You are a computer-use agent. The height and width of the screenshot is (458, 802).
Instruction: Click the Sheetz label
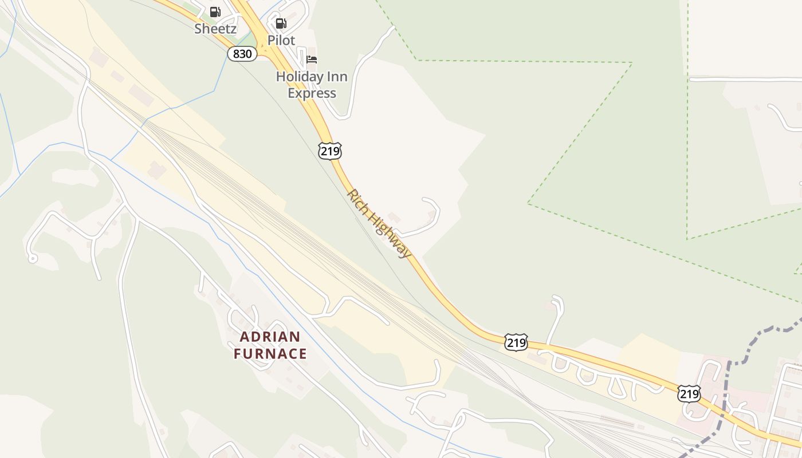215,29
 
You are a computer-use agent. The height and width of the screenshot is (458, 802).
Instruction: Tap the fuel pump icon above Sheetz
215,11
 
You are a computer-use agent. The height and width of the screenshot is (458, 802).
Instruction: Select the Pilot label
281,41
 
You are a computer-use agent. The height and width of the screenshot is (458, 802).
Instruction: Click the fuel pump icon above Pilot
281,23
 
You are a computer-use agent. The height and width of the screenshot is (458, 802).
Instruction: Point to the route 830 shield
242,54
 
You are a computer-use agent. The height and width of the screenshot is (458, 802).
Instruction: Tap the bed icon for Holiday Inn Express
312,60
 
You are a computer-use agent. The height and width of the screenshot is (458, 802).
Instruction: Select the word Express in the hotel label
312,93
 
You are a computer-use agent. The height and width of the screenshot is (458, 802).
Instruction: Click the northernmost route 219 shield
330,151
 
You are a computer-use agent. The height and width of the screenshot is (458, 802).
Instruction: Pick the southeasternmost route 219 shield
689,394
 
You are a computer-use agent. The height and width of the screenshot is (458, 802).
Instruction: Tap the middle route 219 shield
516,342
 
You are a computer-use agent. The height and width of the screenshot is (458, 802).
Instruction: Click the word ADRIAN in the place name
270,336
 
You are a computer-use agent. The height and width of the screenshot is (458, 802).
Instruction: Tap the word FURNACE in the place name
270,354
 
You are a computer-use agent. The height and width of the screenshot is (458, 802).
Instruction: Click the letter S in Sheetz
198,29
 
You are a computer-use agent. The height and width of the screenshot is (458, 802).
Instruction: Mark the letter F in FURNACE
238,354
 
